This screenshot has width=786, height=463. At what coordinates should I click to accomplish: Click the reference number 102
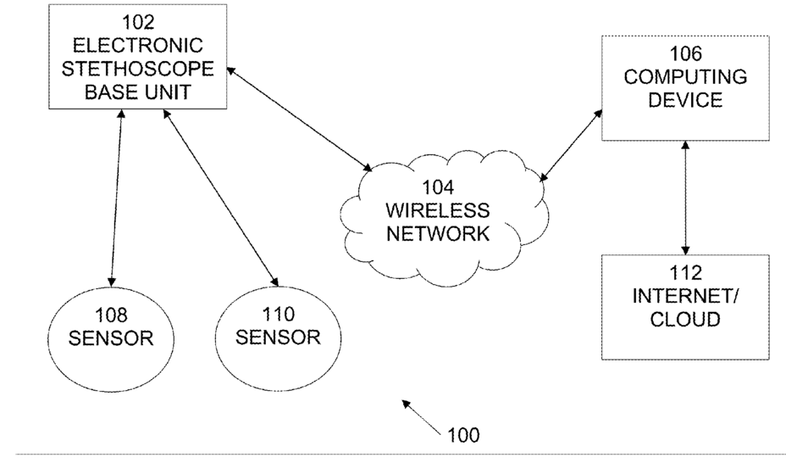[x=138, y=22]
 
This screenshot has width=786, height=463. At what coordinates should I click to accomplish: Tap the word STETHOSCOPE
[x=138, y=69]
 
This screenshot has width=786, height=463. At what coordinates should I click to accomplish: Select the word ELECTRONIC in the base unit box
[x=138, y=46]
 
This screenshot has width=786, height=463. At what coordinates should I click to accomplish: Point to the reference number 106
[x=686, y=53]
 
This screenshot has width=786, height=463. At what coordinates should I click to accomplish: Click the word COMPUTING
[x=685, y=77]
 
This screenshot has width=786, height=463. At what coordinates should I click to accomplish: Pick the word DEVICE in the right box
[x=685, y=100]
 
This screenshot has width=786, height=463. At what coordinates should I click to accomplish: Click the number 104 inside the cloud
[x=438, y=187]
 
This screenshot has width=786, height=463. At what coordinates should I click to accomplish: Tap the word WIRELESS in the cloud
[x=438, y=210]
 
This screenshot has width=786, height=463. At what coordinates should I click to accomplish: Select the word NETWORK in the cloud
[x=438, y=234]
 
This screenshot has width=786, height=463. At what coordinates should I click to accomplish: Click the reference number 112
[x=686, y=273]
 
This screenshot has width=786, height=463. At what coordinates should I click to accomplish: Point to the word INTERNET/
[x=684, y=296]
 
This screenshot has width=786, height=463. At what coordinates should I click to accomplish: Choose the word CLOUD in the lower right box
[x=685, y=319]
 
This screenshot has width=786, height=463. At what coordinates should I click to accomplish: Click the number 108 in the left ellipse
[x=111, y=315]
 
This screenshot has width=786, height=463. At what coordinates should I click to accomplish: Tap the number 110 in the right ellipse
[x=278, y=315]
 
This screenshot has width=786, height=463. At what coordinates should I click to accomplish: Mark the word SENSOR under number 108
[x=111, y=338]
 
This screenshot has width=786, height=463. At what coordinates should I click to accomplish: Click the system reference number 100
[x=463, y=435]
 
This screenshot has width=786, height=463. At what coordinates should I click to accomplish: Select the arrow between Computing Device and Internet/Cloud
[x=685, y=198]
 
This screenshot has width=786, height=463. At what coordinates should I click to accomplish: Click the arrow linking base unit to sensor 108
[x=116, y=198]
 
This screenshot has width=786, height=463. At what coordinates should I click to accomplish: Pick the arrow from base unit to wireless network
[x=299, y=119]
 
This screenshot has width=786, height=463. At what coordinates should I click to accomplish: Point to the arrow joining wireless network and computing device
[x=571, y=146]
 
